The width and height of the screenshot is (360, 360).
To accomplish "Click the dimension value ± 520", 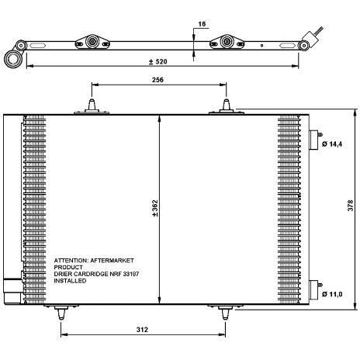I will point(159,62).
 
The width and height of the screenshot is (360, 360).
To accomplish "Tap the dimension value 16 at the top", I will point(202,24).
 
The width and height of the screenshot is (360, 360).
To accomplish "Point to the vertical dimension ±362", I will point(155,209).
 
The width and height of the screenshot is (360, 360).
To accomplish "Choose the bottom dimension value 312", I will point(142,329).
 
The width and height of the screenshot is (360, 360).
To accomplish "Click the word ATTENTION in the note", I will point(72,263).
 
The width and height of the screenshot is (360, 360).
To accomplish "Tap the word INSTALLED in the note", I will point(71,283).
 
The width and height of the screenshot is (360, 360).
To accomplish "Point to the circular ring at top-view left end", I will point(12,57).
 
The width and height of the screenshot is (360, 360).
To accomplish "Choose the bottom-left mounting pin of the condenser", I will point(61,313).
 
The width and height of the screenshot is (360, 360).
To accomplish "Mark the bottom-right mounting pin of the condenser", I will point(225,313).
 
